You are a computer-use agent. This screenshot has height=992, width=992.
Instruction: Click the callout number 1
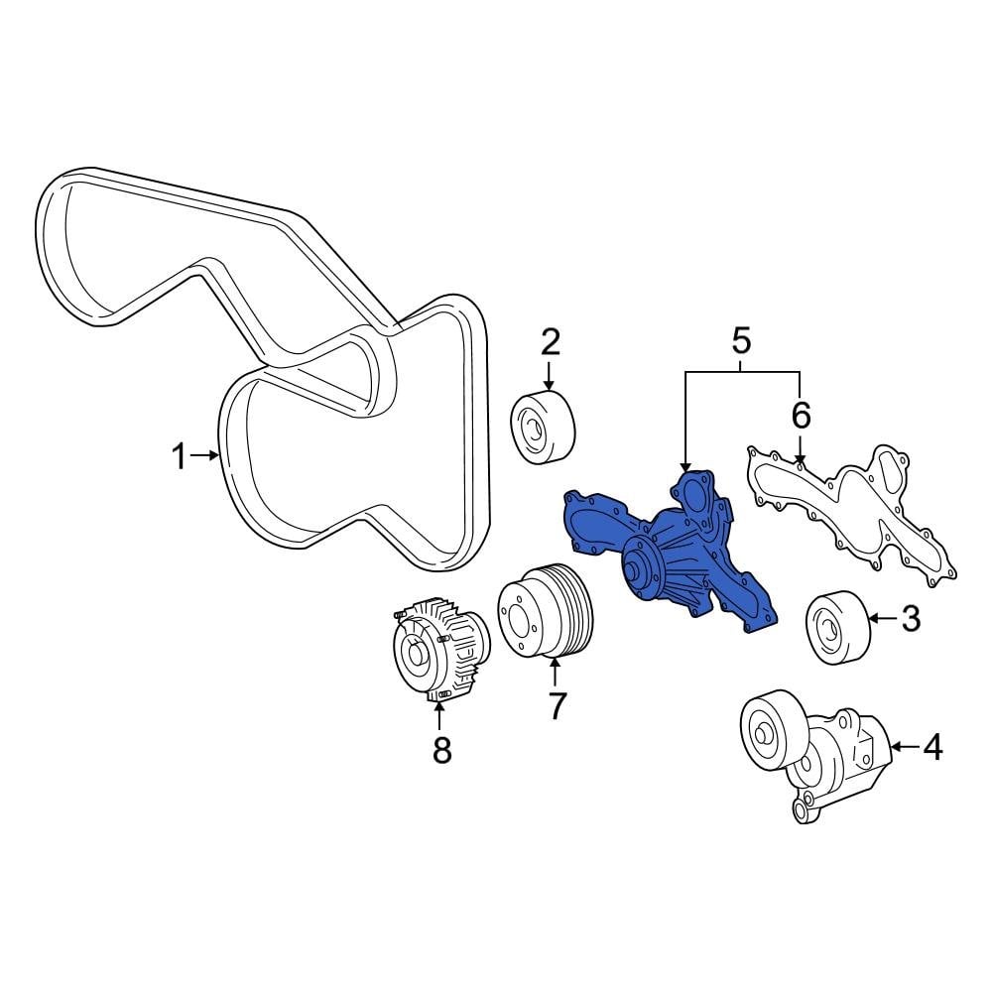click(179, 457)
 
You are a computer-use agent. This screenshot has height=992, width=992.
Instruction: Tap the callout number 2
click(551, 343)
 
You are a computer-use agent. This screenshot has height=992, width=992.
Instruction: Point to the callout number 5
click(741, 342)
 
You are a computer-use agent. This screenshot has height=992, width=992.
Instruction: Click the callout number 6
click(800, 415)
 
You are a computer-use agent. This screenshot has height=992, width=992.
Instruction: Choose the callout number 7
click(557, 706)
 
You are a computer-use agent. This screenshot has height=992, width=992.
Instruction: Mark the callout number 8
click(441, 750)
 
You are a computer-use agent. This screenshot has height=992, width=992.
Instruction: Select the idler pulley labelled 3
click(838, 627)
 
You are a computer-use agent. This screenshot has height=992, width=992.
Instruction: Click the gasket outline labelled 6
click(853, 511)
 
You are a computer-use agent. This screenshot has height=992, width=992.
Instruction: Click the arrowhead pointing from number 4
click(895, 746)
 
